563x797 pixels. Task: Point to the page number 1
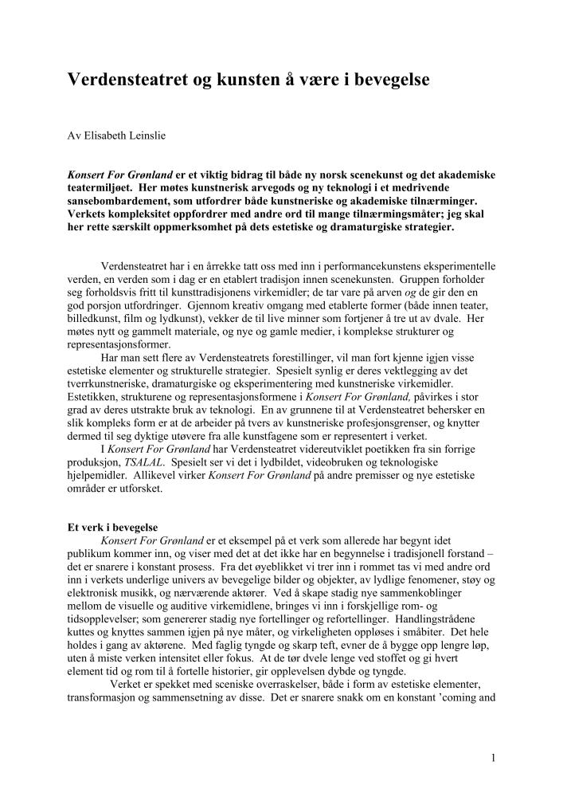click(494, 757)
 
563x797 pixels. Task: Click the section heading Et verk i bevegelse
click(112, 528)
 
